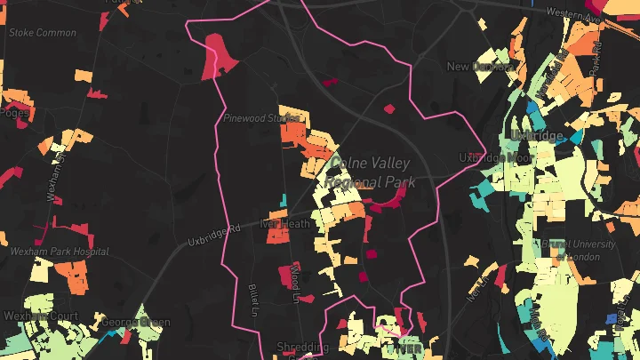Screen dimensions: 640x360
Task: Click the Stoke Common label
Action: pos(42,33)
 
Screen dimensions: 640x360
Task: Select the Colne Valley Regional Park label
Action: pos(371,172)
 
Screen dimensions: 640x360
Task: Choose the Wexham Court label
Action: pos(40,316)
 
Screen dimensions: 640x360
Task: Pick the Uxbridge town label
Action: pos(535,135)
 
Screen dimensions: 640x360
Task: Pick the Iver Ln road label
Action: pos(478,288)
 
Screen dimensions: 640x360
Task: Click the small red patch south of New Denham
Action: pos(388,109)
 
